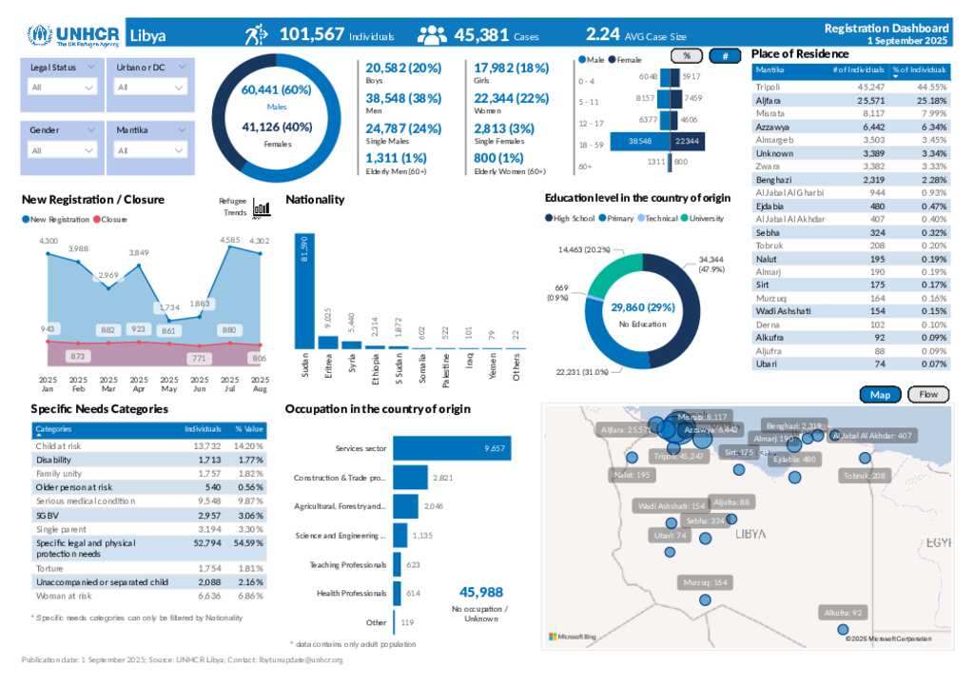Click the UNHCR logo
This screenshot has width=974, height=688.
(73, 36)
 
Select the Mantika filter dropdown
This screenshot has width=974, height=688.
(150, 150)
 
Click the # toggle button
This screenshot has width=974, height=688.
(726, 55)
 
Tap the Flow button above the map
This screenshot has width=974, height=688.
(928, 394)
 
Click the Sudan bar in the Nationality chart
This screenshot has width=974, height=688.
(304, 292)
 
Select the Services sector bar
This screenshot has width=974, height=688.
(452, 448)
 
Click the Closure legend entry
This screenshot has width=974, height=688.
(113, 220)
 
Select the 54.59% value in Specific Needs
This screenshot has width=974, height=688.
(248, 543)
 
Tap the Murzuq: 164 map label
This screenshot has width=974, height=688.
(705, 582)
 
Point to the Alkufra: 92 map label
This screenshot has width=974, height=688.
(843, 613)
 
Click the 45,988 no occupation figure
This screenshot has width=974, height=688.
(480, 592)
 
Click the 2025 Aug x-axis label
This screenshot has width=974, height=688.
(260, 384)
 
